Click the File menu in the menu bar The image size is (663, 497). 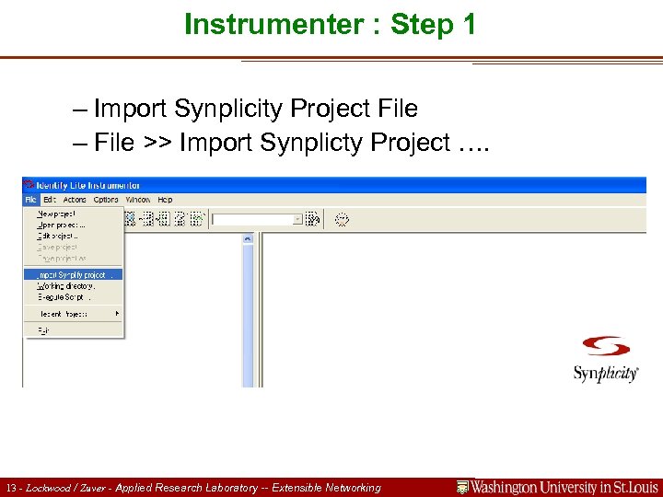(30, 200)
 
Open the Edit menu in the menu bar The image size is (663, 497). (50, 200)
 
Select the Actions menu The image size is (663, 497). (75, 200)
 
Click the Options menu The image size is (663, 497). (106, 200)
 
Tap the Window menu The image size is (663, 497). (138, 200)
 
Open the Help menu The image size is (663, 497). (165, 200)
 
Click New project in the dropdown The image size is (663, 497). (57, 214)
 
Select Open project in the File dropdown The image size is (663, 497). (60, 225)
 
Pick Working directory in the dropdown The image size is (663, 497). (65, 286)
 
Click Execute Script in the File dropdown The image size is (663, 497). (63, 297)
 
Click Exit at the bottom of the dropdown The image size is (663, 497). (43, 329)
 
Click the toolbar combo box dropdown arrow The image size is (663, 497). (297, 219)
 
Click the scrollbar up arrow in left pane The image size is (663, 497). (247, 238)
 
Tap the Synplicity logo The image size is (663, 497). (605, 359)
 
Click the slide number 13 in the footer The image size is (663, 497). (10, 488)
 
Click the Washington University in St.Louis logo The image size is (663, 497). (558, 487)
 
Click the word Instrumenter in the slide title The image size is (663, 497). (255, 25)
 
